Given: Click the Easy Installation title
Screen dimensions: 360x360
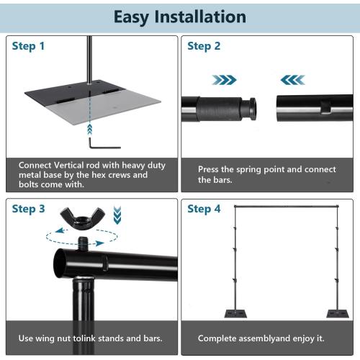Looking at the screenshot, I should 180,17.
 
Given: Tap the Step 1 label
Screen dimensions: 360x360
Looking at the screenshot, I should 29,46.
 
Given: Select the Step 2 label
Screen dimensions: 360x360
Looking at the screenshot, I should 204,46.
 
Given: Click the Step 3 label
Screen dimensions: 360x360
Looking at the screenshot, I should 29,210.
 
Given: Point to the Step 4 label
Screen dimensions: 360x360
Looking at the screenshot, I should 204,210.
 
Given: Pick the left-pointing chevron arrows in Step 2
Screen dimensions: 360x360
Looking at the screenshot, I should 292,79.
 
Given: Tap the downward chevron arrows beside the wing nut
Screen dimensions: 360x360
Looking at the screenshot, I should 117,214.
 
